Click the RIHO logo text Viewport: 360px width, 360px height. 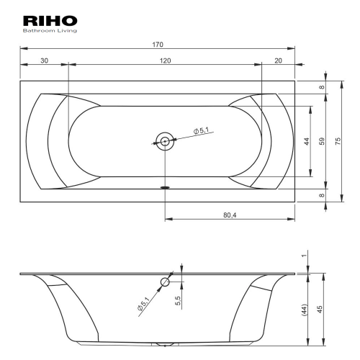click(x=50, y=21)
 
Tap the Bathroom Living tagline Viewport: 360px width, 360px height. click(x=50, y=31)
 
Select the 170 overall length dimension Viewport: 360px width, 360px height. click(x=158, y=45)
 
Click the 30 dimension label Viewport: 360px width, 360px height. click(x=45, y=60)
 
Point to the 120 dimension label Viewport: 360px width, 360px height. click(x=166, y=60)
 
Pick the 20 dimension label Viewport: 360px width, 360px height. click(x=278, y=60)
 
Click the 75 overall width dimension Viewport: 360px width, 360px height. click(x=338, y=141)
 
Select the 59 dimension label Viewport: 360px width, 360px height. click(x=323, y=141)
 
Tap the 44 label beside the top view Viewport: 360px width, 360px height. click(x=307, y=141)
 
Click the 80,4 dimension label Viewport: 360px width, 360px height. click(x=230, y=215)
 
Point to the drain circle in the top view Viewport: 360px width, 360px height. click(x=165, y=141)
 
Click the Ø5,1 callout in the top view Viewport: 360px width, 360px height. click(x=201, y=130)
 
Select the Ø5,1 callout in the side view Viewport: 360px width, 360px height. click(x=143, y=304)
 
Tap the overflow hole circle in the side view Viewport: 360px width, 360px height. click(x=165, y=282)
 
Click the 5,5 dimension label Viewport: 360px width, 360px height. click(x=178, y=301)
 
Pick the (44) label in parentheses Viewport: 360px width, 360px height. click(x=305, y=310)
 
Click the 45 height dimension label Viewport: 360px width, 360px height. click(x=320, y=309)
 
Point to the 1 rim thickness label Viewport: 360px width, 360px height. click(x=305, y=256)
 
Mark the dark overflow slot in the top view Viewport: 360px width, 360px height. click(x=165, y=187)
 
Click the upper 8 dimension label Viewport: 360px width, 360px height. click(x=322, y=87)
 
